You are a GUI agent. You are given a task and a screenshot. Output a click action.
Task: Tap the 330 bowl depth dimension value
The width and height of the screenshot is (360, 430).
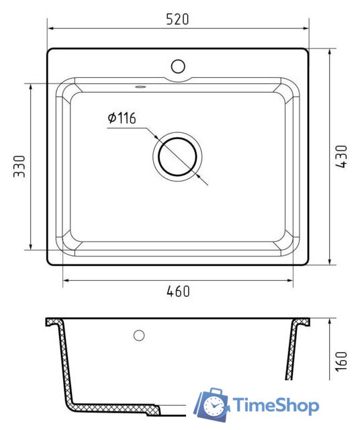(20, 166)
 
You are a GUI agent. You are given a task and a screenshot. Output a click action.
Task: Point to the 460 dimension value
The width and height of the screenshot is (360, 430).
(178, 292)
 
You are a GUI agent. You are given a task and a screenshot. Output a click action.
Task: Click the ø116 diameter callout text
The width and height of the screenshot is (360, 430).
(122, 119)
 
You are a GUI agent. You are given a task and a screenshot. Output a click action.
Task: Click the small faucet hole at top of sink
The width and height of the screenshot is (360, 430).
(178, 66)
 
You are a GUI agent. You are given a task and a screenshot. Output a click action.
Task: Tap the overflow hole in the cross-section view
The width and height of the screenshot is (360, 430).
(140, 335)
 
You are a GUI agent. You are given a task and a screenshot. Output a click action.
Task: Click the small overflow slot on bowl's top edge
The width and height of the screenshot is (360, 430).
(140, 87)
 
